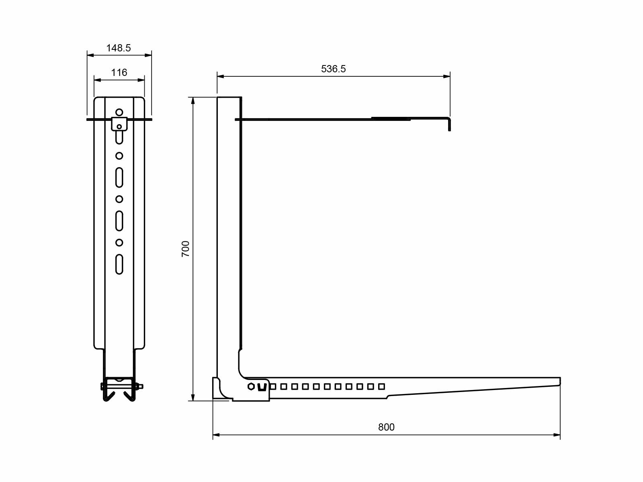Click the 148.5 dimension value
tap(119, 48)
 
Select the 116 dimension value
tap(119, 73)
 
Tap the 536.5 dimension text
tap(333, 69)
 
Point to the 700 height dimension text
tap(186, 249)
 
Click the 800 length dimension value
tap(386, 427)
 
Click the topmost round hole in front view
tap(119, 112)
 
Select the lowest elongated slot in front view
tap(119, 264)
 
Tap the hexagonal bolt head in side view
tap(251, 387)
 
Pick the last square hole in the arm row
tap(381, 386)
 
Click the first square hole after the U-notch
tap(273, 386)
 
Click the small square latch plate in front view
tap(119, 124)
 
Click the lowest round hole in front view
tap(119, 243)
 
